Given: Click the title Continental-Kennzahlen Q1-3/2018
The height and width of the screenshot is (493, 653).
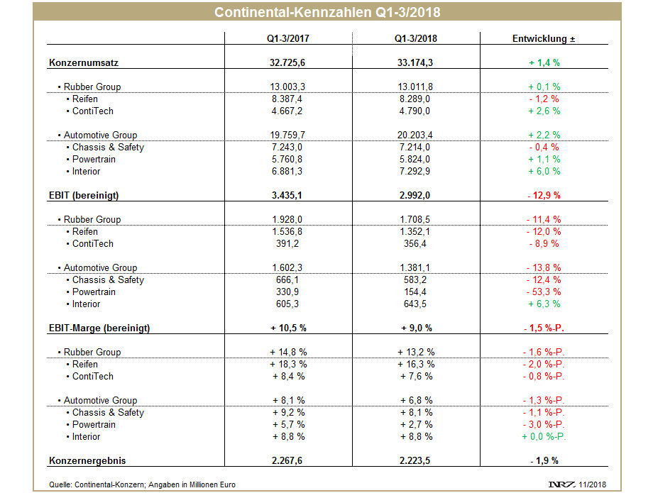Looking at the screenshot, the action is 327,12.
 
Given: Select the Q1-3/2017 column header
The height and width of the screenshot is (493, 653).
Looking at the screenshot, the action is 287,39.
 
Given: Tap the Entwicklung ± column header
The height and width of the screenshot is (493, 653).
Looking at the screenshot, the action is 544,39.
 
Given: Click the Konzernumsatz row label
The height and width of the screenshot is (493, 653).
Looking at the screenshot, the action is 84,63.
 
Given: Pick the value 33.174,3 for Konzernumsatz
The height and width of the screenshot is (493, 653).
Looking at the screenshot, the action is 415,63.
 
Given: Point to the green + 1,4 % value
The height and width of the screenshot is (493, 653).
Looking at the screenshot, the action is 544,63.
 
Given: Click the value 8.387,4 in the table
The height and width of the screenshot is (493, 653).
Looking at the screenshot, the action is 287,99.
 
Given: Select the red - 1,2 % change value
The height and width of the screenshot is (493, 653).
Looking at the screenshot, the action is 544,99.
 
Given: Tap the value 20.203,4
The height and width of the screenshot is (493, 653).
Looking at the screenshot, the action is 415,135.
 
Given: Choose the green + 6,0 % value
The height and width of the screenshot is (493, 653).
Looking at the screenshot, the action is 544,172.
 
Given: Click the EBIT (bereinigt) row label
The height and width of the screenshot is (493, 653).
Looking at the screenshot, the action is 84,196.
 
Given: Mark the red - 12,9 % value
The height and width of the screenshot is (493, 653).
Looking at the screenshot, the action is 544,196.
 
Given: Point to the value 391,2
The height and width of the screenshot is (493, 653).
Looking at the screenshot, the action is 287,244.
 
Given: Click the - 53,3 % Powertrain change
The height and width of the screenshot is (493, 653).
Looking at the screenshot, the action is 544,292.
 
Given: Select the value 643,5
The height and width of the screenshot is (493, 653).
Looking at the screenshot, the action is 415,304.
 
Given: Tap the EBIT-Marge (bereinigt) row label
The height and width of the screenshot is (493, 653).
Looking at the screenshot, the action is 99,328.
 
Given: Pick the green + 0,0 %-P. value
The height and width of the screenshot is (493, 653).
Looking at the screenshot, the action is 544,437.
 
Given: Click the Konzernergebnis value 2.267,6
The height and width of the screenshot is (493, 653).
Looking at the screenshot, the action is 287,461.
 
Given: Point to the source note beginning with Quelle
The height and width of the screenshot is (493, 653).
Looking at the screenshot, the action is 142,484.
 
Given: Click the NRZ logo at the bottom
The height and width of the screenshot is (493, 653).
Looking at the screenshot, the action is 562,484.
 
